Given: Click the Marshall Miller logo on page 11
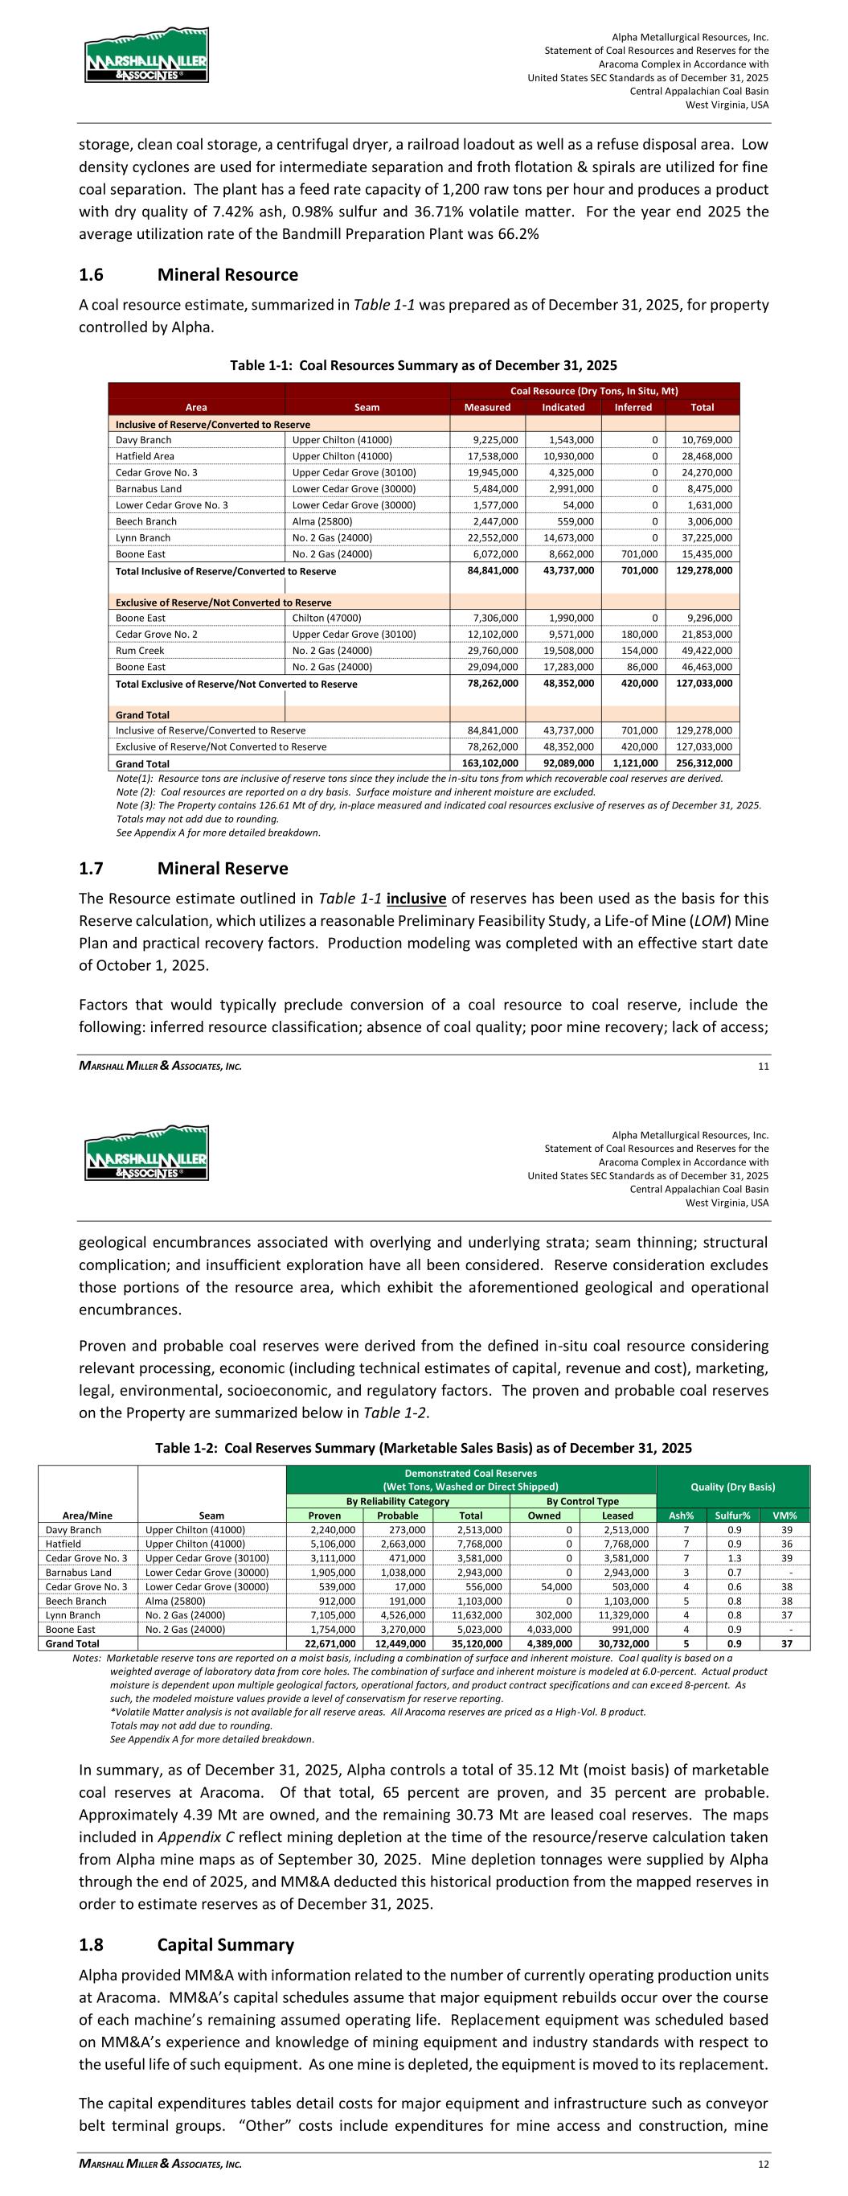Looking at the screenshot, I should click(x=146, y=56).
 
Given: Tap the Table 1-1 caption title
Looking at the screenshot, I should click(x=424, y=366).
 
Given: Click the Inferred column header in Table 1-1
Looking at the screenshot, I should click(x=633, y=408).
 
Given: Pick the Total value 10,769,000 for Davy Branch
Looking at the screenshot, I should click(x=703, y=440).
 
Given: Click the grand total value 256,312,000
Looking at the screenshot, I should click(x=703, y=764).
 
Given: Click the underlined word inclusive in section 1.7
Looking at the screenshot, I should click(x=416, y=899).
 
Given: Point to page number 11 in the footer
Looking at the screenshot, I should click(x=763, y=1066).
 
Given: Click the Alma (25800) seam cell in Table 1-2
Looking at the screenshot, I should click(x=175, y=1601).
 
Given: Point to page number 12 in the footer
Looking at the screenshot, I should click(x=763, y=2164).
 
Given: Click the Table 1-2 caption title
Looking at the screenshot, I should click(x=423, y=1448).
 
